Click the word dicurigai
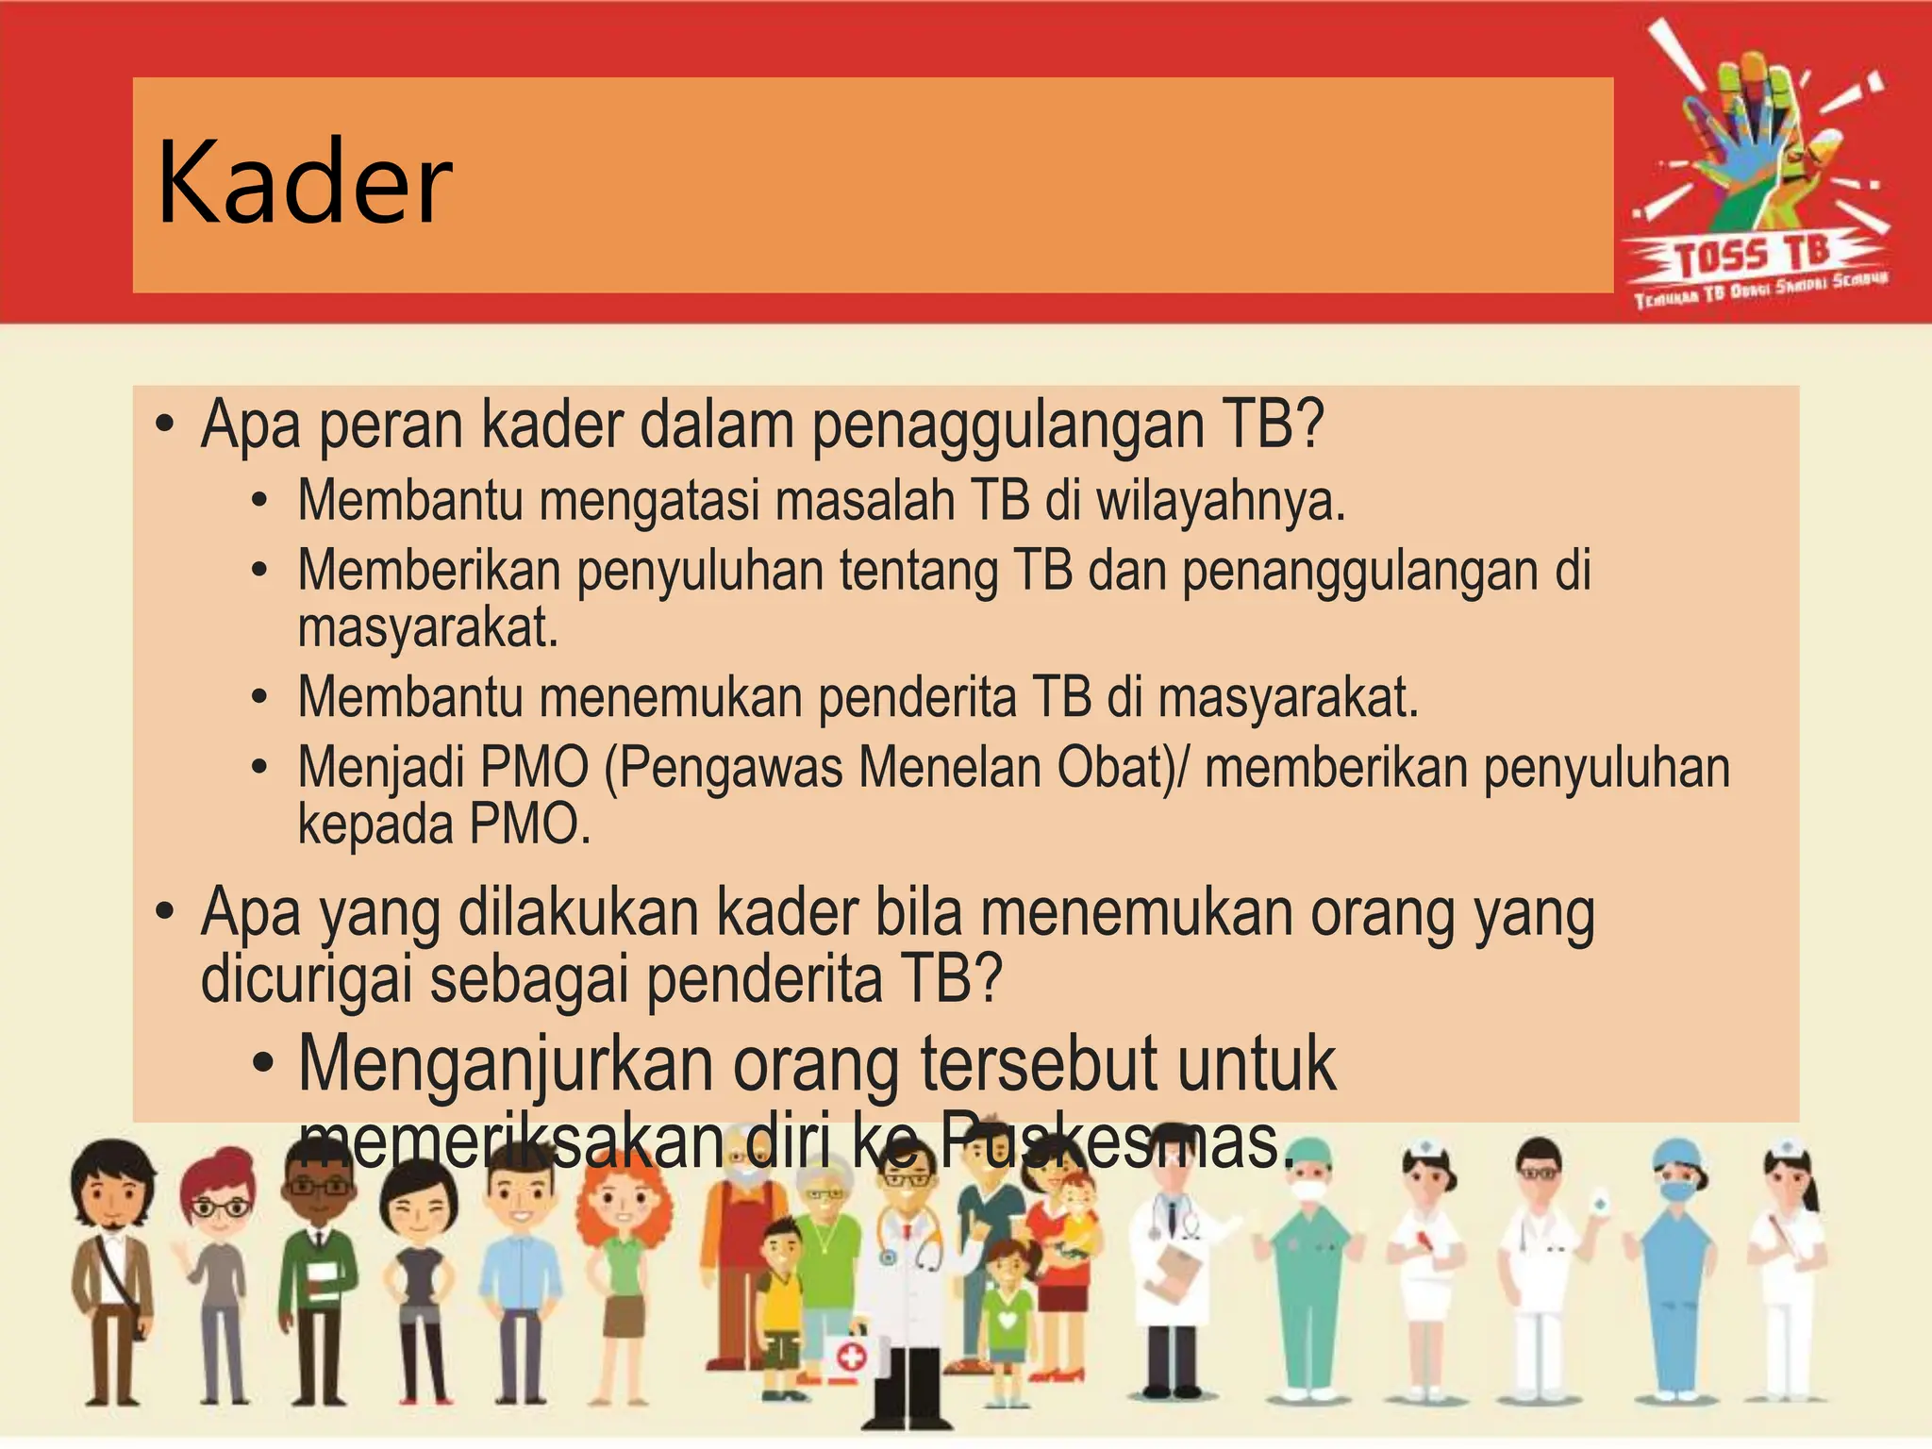[307, 979]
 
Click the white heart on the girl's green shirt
[1008, 1318]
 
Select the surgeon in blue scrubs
[1677, 1274]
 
